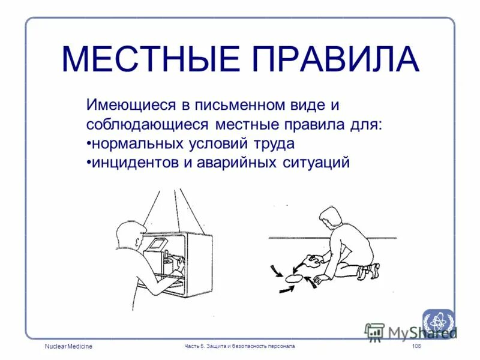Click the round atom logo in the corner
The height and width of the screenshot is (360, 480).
tap(438, 321)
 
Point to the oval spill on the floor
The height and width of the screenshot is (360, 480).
tap(294, 277)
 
